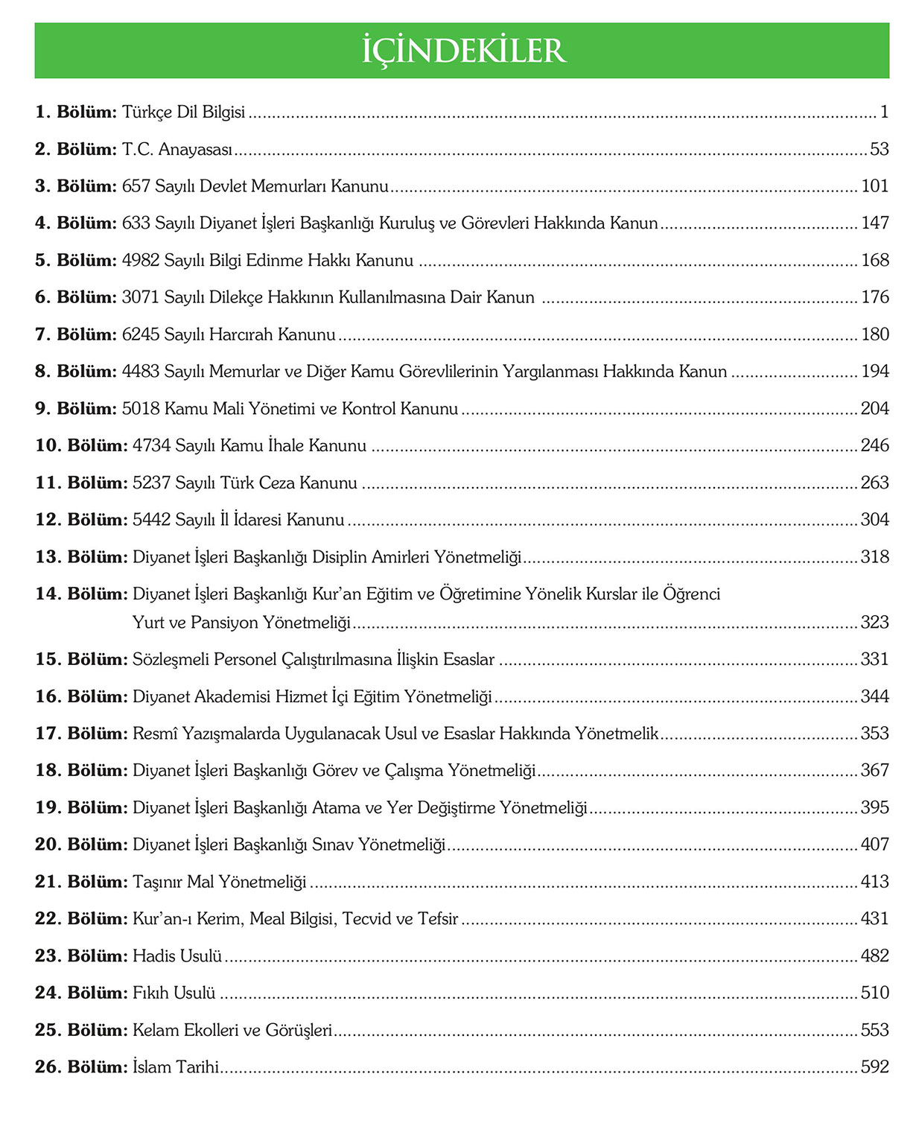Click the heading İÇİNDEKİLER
[x=463, y=51]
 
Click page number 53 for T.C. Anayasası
[x=880, y=149]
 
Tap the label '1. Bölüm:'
[x=76, y=112]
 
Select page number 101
[x=875, y=185]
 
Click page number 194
[x=875, y=371]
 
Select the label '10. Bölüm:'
[x=81, y=445]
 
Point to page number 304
[x=875, y=519]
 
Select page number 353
[x=875, y=733]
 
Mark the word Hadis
[x=151, y=955]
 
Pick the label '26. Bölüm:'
[x=81, y=1066]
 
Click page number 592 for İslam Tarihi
[x=875, y=1066]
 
